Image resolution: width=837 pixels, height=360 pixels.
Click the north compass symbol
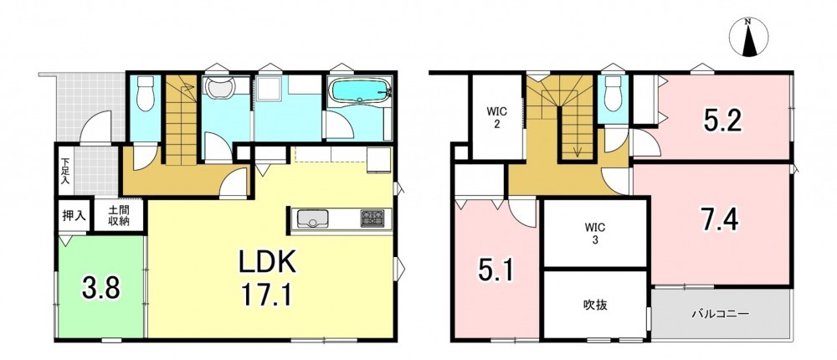748,36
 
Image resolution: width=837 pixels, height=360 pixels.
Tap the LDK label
267,263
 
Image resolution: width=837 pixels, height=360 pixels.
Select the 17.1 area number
267,295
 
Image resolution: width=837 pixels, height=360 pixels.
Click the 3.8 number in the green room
101,289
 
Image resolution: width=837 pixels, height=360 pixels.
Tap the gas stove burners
372,219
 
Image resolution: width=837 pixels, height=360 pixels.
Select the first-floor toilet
145,94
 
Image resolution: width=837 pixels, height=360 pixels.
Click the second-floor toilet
613,93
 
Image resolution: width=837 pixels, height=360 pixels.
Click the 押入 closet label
74,216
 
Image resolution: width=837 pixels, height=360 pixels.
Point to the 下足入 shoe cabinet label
64,171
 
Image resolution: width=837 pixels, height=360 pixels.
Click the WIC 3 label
593,233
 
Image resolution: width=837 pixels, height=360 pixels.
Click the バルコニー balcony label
721,313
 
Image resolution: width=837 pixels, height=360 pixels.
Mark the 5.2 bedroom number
722,122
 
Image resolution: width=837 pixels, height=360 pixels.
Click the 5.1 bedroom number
495,270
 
